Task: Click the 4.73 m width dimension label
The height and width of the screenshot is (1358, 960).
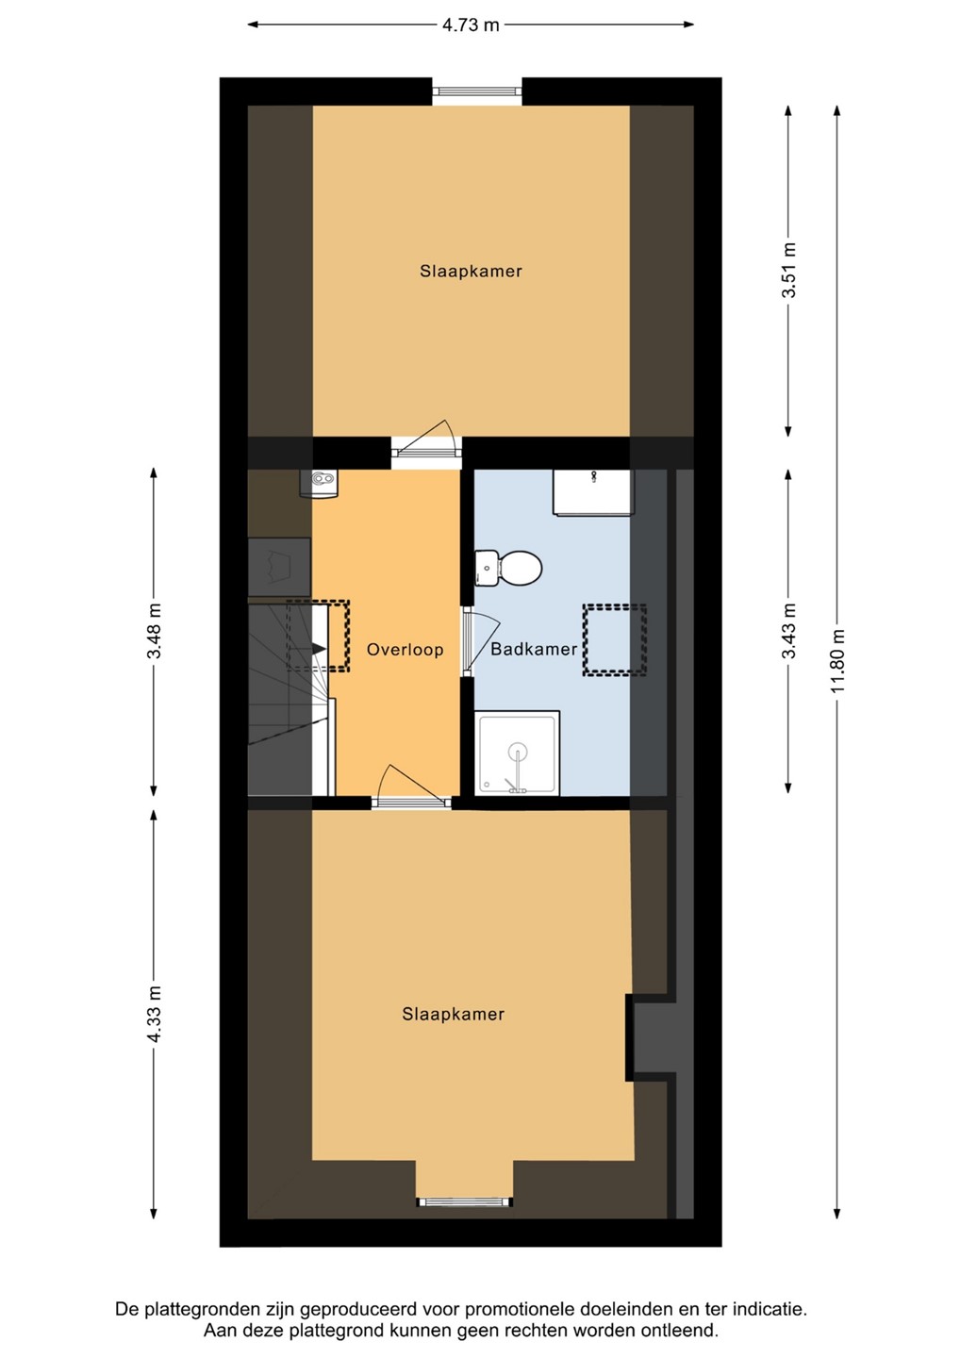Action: (x=471, y=25)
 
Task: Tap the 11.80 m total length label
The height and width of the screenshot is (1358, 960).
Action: (x=837, y=663)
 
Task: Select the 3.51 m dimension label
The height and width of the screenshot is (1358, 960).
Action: (x=788, y=271)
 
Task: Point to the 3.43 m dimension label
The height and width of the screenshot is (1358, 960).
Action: (x=788, y=632)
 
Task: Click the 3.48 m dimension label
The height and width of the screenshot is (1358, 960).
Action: (x=154, y=631)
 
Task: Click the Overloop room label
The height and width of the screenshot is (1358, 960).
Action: (x=405, y=649)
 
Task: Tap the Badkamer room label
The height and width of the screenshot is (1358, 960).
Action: (x=534, y=649)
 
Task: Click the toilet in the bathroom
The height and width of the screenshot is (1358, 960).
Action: (x=508, y=569)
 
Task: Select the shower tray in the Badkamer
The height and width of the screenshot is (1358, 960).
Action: (x=517, y=753)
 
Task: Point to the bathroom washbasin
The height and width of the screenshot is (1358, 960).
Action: (x=593, y=492)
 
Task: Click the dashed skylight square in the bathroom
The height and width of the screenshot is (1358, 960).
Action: (x=615, y=639)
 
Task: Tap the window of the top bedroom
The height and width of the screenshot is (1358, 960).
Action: (x=477, y=91)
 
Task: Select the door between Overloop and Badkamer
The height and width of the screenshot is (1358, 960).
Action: (x=481, y=642)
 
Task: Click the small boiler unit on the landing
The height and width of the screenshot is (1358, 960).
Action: (x=319, y=484)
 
